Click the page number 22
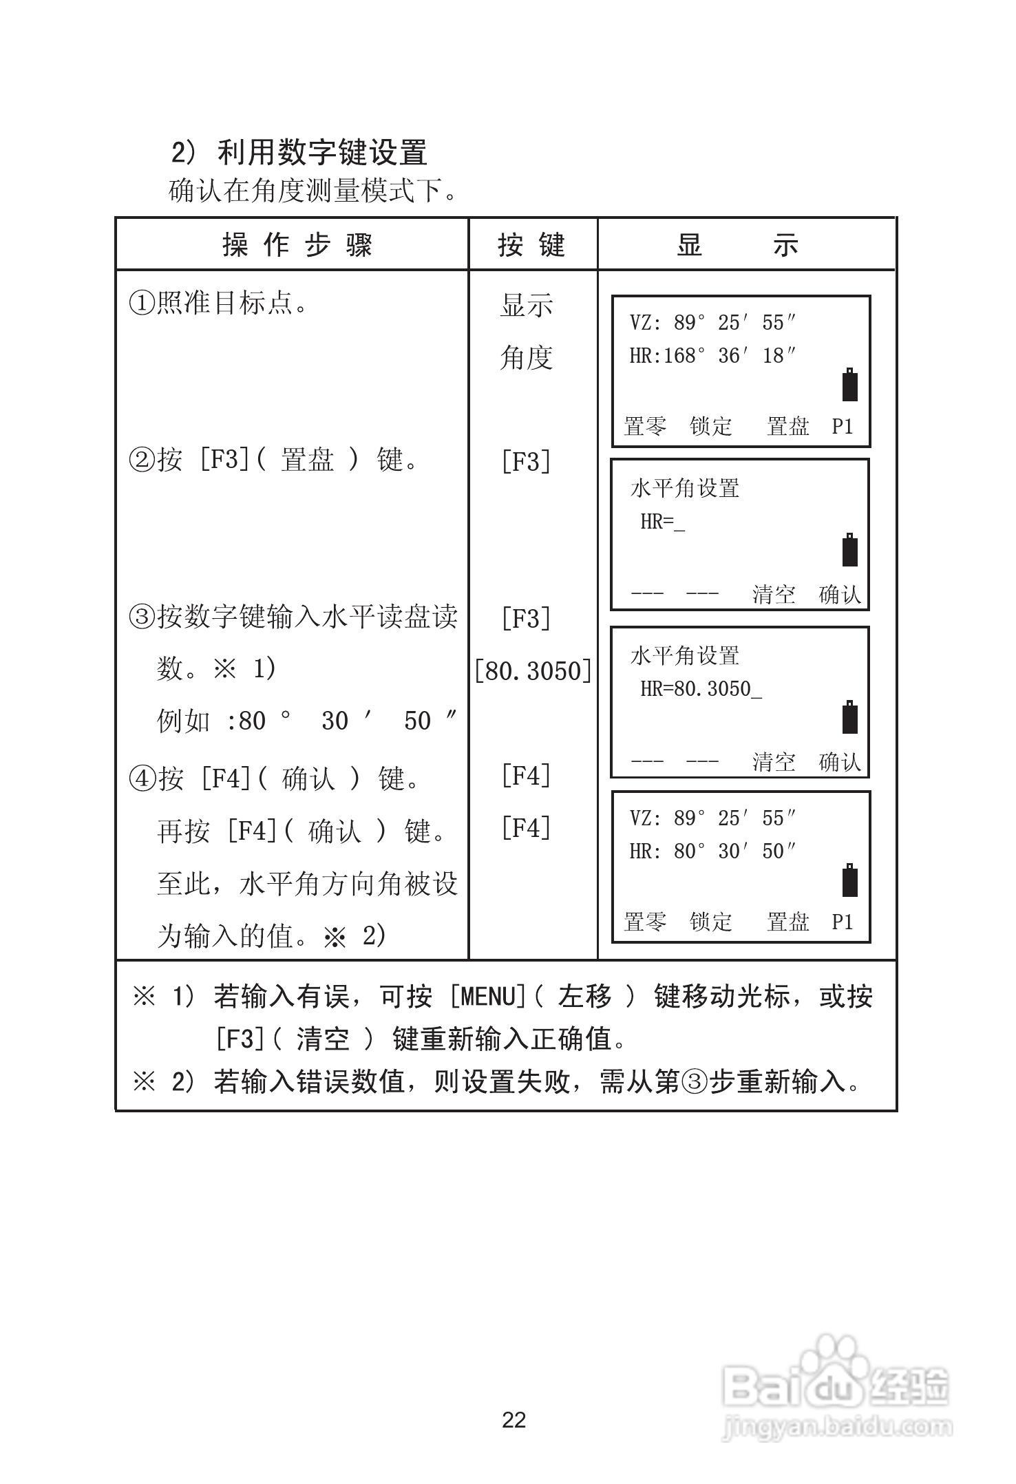pos(514,1420)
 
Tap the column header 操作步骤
pos(297,245)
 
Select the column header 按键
pos(531,245)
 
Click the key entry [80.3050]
pos(533,670)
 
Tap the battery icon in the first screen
pos(850,385)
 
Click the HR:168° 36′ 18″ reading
pos(712,356)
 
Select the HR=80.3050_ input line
pos(701,689)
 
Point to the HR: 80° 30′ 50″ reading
pos(712,851)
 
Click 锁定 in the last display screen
pos(711,922)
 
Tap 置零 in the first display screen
pos(645,426)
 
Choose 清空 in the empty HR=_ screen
pos(774,594)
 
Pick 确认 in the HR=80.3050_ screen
pos(840,762)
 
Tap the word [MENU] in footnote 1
pos(488,997)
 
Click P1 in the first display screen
pos(843,426)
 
